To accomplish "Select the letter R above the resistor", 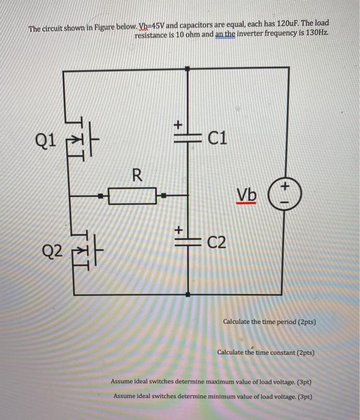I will pos(137,175).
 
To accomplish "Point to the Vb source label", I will pos(246,195).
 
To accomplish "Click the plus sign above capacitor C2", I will pos(178,229).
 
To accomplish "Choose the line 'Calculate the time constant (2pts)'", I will pos(266,353).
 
